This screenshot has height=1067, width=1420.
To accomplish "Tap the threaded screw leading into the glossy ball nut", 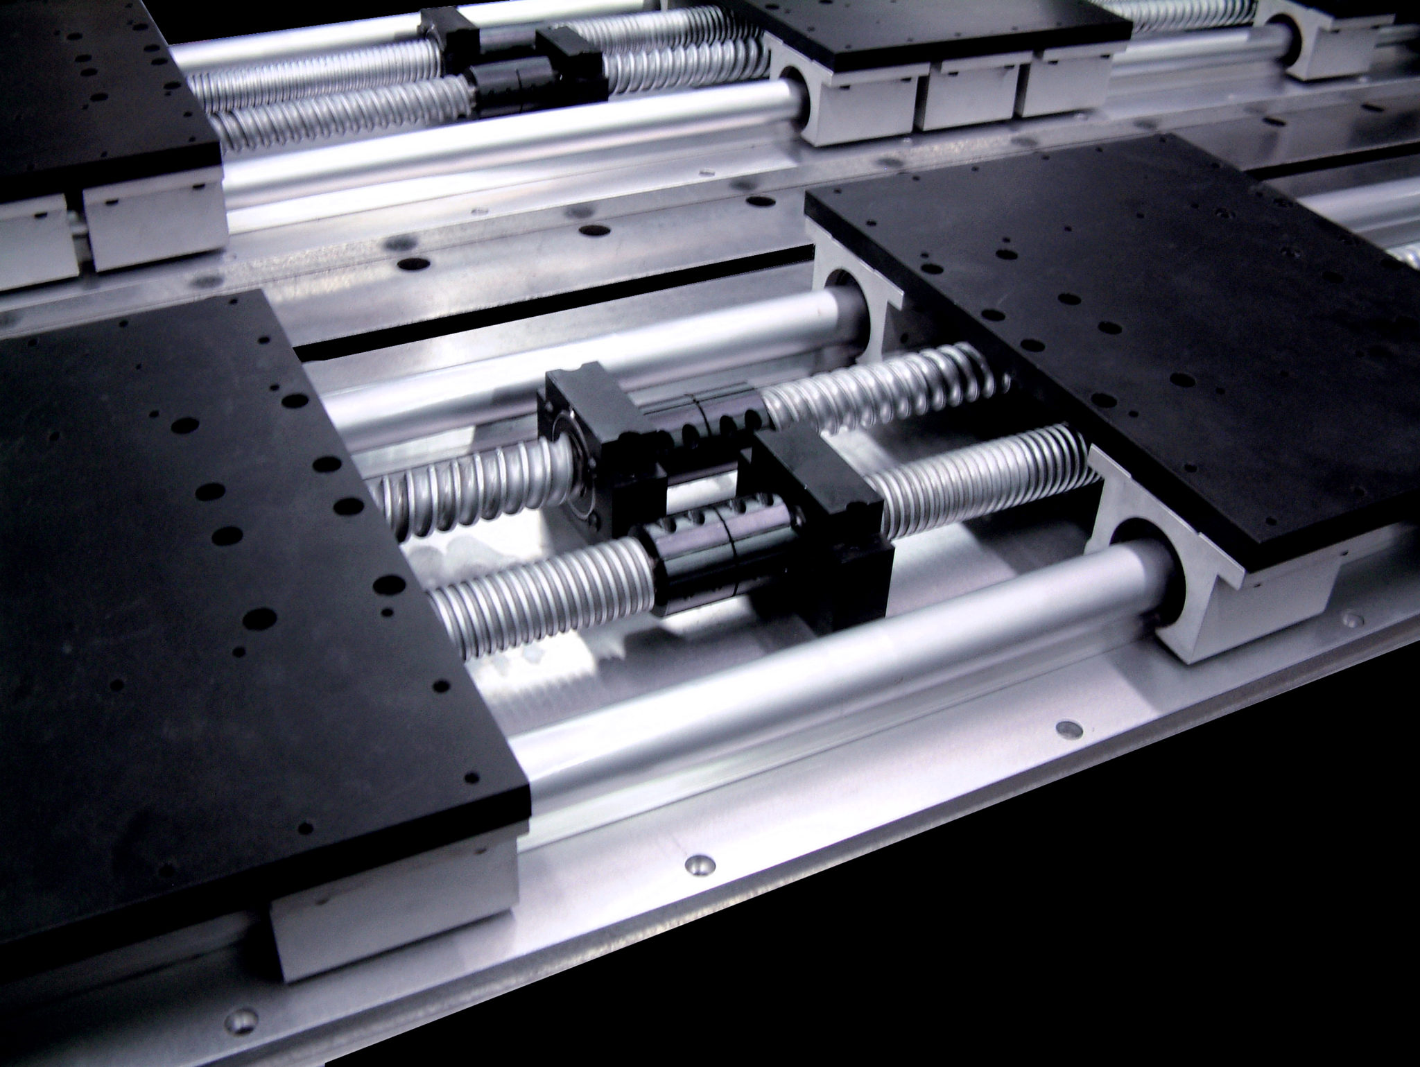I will [541, 596].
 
